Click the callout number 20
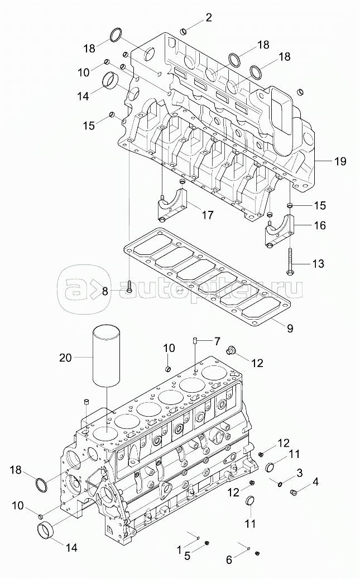point(66,358)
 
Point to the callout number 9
point(290,327)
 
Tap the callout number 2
point(209,17)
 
